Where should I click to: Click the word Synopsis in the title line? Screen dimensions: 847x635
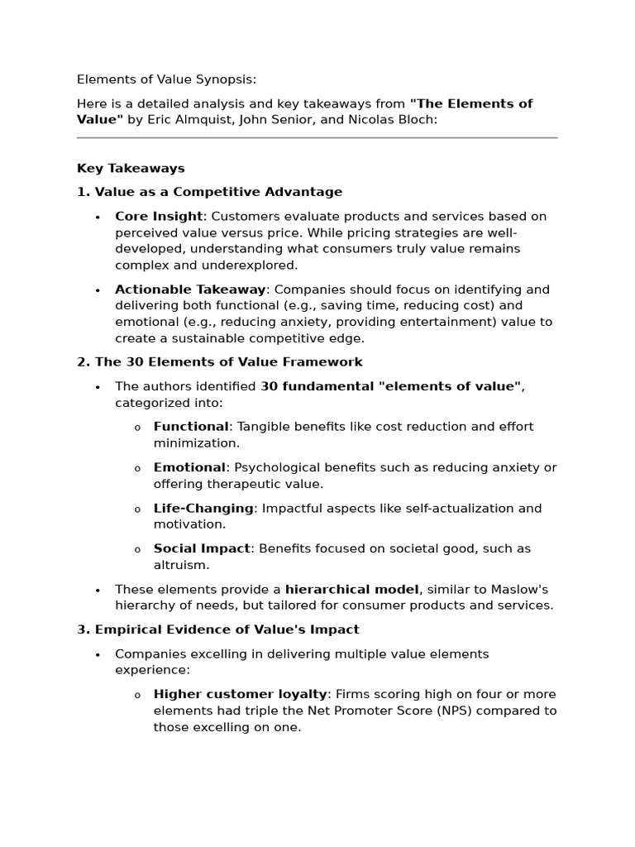point(224,79)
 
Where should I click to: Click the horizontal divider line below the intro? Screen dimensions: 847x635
point(317,138)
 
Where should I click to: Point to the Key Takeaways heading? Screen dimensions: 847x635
point(131,168)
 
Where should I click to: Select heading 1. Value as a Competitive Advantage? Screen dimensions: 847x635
point(209,192)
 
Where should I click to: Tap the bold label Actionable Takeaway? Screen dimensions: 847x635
point(190,290)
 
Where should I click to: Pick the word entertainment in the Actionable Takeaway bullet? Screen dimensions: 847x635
point(486,322)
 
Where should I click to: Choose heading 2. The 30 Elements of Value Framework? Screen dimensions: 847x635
point(219,362)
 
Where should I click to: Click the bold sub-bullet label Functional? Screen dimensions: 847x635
point(191,427)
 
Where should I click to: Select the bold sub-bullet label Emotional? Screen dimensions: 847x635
point(189,467)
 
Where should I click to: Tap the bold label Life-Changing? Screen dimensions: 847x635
point(203,508)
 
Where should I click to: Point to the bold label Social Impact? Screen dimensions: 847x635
point(202,548)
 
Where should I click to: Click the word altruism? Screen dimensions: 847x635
point(181,565)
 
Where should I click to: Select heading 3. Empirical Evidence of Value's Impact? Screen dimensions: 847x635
point(217,629)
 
